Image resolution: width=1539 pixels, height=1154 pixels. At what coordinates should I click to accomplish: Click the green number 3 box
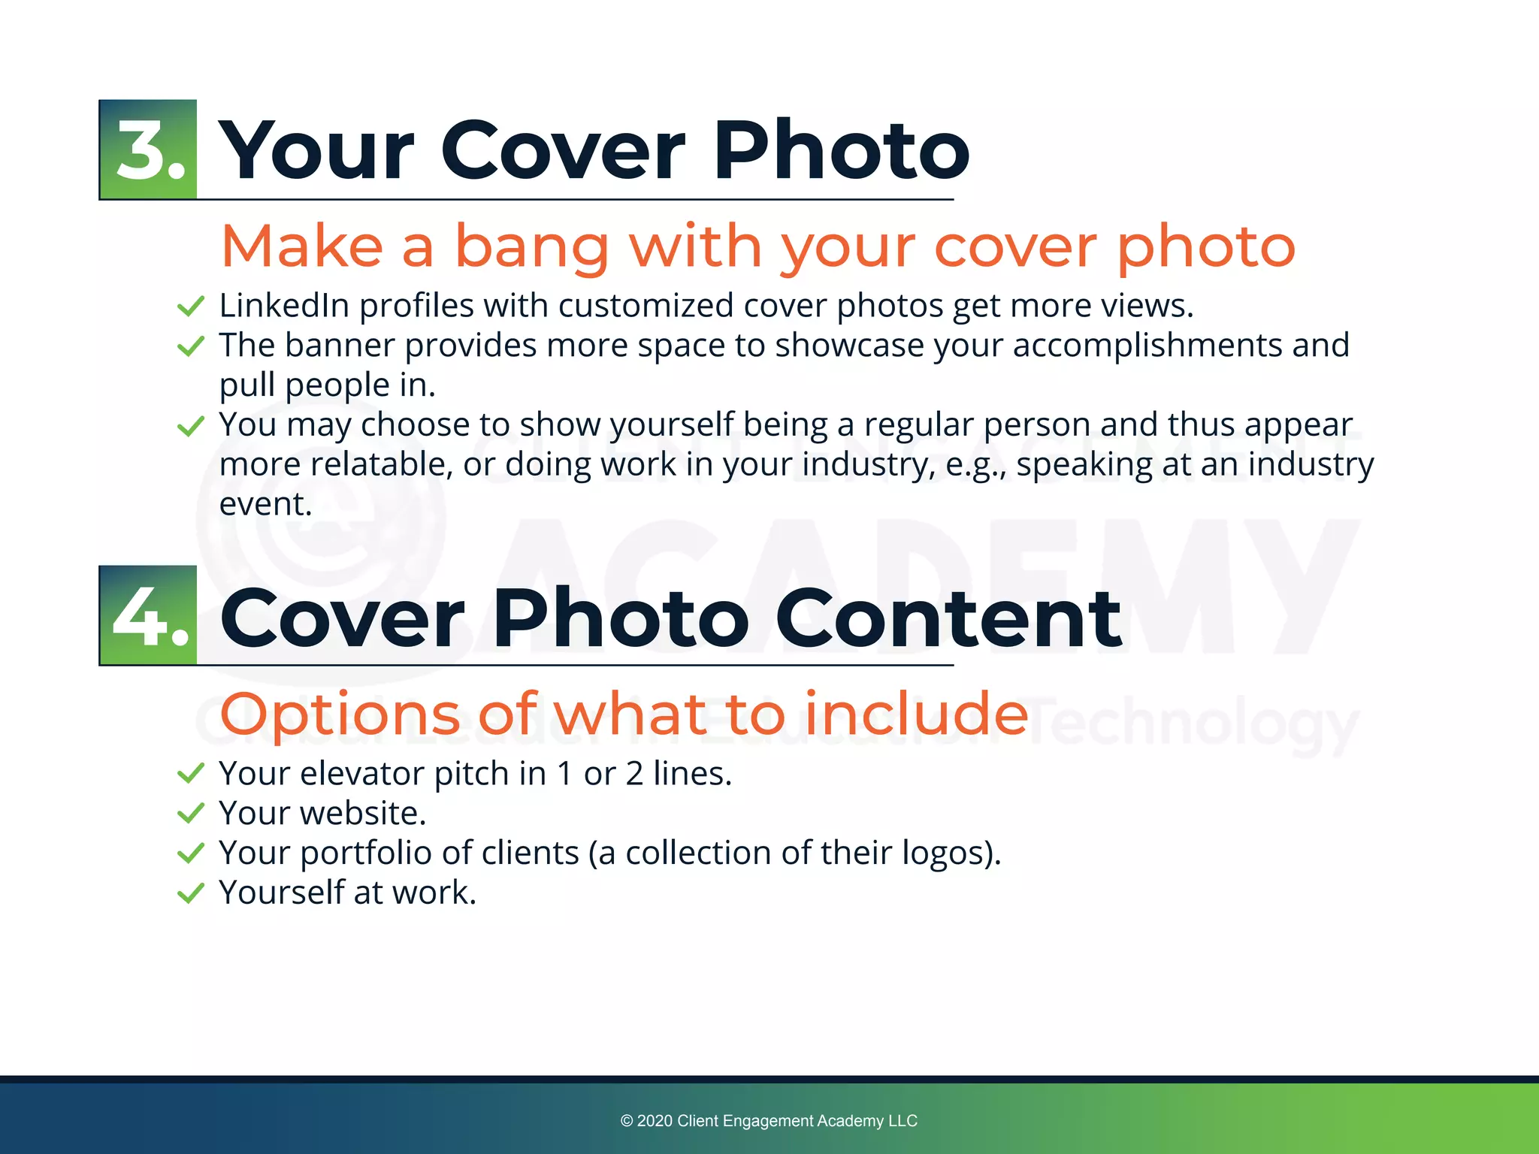tap(148, 150)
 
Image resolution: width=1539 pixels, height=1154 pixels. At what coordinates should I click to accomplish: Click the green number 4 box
tap(148, 615)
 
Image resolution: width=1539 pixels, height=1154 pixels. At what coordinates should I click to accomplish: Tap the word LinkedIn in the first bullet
tap(283, 306)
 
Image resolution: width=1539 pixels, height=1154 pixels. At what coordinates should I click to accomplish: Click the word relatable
tap(381, 464)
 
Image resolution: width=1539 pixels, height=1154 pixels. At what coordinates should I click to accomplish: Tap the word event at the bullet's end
tap(265, 504)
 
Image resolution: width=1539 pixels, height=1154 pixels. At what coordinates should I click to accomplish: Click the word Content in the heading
tap(948, 618)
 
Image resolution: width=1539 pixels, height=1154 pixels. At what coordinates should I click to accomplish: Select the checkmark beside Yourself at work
tap(191, 893)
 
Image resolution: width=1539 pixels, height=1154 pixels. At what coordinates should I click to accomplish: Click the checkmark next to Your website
tap(191, 813)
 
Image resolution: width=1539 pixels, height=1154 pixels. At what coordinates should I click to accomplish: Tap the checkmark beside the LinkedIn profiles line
tap(191, 306)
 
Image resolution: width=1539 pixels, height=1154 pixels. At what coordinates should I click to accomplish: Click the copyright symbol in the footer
tap(627, 1121)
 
